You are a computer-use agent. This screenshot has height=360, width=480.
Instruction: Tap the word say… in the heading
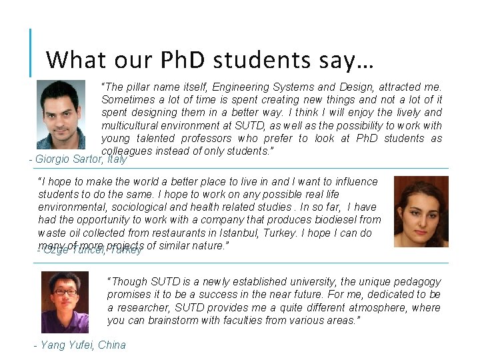pos(345,61)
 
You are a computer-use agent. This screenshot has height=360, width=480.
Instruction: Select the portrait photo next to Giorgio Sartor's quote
pos(61,115)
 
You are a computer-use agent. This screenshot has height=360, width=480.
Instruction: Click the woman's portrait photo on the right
pos(421,211)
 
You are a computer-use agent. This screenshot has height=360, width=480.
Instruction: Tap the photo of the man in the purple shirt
pos(65,302)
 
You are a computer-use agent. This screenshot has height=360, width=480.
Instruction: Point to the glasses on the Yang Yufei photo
pos(65,291)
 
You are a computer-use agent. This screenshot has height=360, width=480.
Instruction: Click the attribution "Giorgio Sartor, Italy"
pos(80,159)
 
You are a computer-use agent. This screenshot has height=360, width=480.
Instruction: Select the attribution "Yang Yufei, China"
pos(82,345)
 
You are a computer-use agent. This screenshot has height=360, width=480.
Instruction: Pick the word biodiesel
pos(332,220)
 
